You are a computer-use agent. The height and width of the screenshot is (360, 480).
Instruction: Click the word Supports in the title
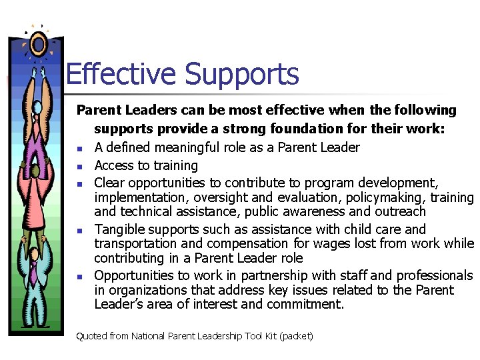pos(241,75)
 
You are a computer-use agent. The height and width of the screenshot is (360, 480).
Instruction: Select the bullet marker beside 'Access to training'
pos(79,167)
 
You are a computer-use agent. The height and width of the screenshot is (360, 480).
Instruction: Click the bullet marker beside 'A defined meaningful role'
pos(79,149)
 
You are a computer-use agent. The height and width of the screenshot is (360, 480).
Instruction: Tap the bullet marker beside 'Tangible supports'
pos(79,231)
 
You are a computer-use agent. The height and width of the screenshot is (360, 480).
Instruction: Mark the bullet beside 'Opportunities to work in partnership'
pos(79,277)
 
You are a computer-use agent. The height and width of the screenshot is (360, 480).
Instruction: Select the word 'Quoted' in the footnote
pos(91,336)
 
